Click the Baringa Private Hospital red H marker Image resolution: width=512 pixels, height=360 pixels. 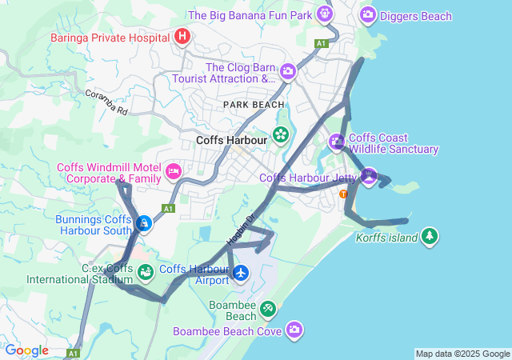pyautogui.click(x=182, y=36)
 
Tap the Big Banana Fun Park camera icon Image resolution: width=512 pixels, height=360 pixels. pyautogui.click(x=324, y=14)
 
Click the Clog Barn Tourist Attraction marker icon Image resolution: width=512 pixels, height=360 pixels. pyautogui.click(x=288, y=73)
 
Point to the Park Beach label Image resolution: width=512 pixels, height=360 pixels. pyautogui.click(x=254, y=105)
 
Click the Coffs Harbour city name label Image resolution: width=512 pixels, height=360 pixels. pyautogui.click(x=232, y=138)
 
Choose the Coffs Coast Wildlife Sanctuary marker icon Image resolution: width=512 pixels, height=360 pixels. pyautogui.click(x=337, y=142)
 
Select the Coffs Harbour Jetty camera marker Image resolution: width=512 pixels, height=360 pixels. pyautogui.click(x=368, y=176)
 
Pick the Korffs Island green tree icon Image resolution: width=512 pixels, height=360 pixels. pyautogui.click(x=430, y=236)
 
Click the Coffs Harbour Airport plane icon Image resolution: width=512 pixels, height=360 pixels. pyautogui.click(x=241, y=274)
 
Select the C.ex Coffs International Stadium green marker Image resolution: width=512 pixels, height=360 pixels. pyautogui.click(x=145, y=273)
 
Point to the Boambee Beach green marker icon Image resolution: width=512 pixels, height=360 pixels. pyautogui.click(x=267, y=308)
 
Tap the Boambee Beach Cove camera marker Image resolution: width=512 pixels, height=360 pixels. pyautogui.click(x=294, y=329)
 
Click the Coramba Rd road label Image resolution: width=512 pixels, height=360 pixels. pyautogui.click(x=112, y=106)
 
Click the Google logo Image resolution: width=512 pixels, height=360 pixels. pyautogui.click(x=26, y=350)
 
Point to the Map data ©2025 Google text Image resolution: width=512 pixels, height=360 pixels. pyautogui.click(x=462, y=354)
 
